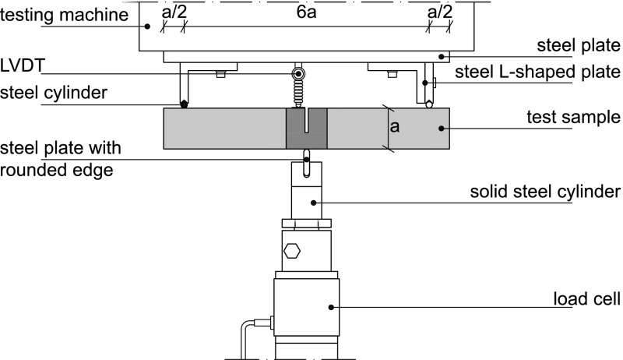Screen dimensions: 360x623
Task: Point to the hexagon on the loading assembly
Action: pyautogui.click(x=292, y=252)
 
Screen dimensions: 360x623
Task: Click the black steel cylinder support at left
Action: pyautogui.click(x=184, y=104)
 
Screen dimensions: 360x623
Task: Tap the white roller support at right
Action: pyautogui.click(x=429, y=104)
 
